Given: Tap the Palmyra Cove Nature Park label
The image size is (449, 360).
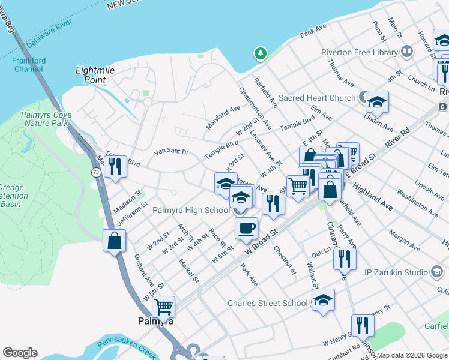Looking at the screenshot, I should [46, 119].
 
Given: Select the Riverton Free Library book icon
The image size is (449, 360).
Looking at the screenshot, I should [407, 52].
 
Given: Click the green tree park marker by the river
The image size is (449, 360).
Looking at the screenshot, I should [260, 54].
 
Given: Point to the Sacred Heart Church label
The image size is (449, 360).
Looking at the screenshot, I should [317, 98].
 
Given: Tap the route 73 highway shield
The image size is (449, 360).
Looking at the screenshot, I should [96, 172].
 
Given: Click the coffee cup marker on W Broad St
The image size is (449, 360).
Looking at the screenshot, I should [246, 228].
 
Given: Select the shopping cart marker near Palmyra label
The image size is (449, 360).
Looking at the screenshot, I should [163, 307].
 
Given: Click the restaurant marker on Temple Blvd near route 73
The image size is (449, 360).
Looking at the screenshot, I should [115, 166].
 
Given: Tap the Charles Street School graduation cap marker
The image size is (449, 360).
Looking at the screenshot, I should [323, 300].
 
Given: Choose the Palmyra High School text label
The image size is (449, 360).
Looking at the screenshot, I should [191, 210].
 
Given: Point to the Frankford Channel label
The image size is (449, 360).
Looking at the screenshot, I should [28, 64].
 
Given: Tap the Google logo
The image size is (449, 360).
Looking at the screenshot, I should [20, 353].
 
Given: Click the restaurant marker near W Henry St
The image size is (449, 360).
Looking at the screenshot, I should [363, 325].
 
